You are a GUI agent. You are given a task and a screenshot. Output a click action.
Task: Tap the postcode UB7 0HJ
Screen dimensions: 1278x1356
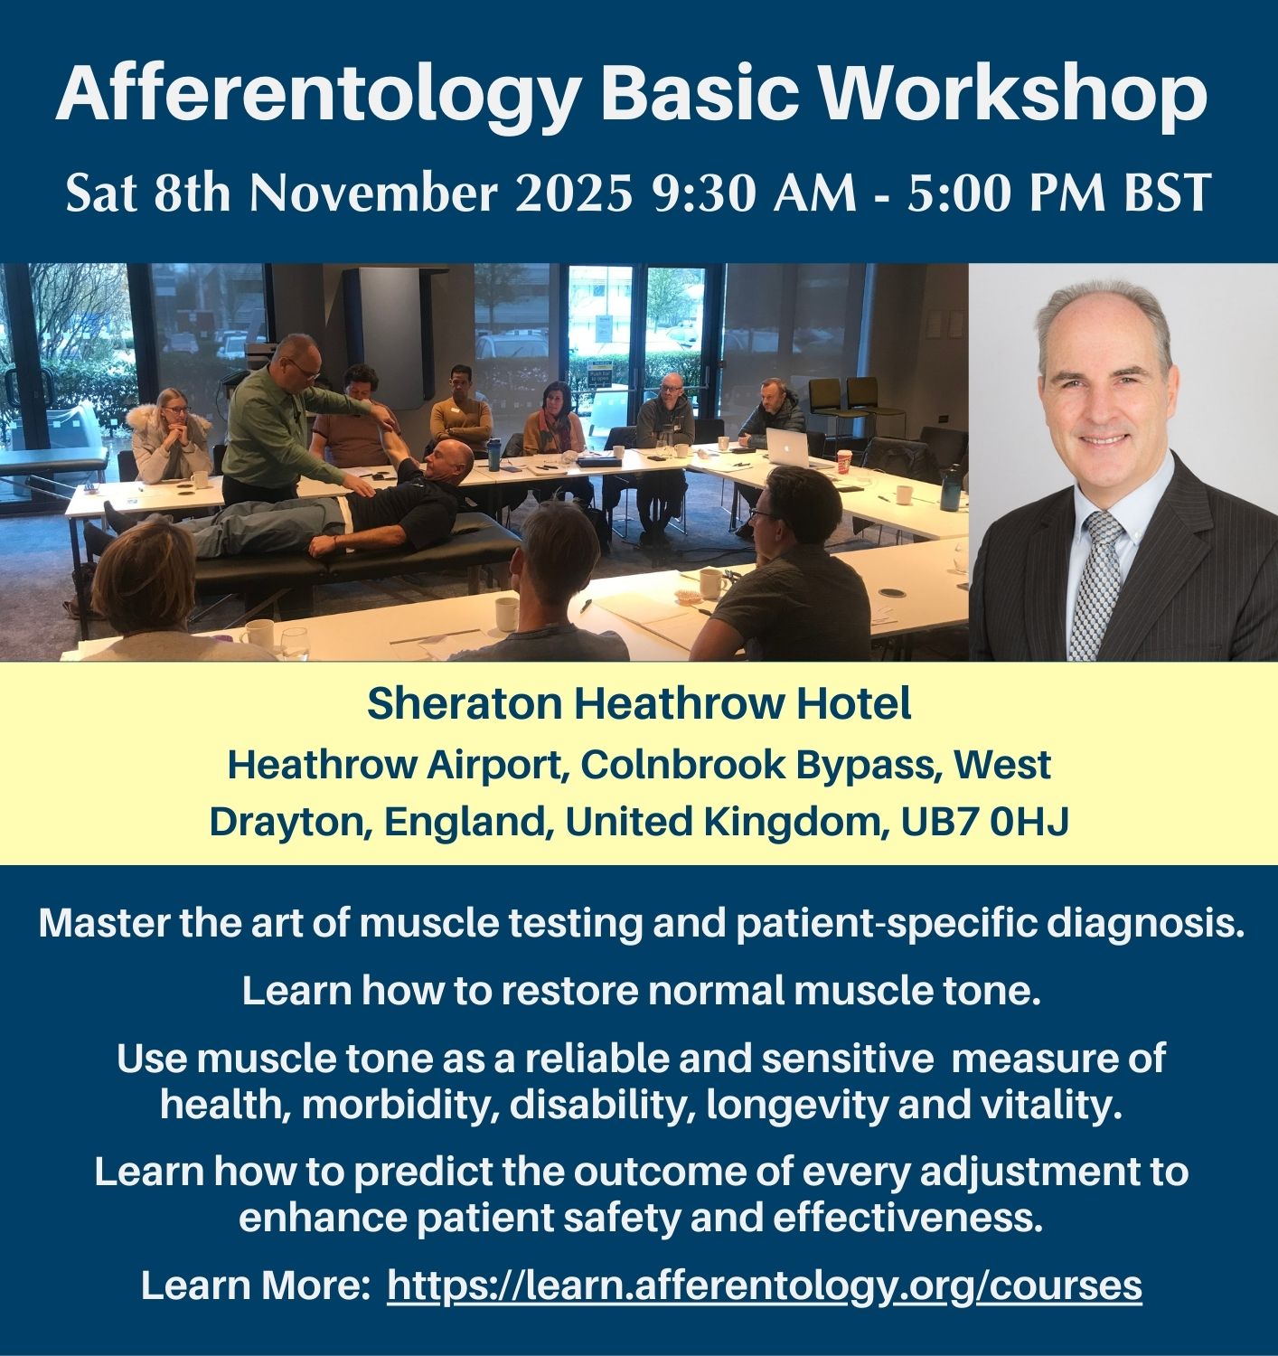click(984, 822)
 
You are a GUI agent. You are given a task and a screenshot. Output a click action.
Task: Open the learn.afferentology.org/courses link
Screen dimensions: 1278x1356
click(765, 1285)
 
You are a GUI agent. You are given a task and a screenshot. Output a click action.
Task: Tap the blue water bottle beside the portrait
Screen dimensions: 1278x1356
click(950, 487)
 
